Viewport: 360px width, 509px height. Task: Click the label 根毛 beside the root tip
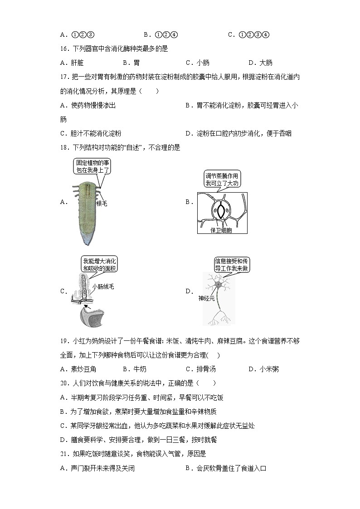tap(102, 204)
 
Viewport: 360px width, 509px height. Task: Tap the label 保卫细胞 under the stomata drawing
tap(221, 230)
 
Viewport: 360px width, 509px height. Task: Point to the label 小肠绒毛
tap(103, 286)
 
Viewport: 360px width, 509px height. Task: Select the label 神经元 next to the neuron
tap(207, 299)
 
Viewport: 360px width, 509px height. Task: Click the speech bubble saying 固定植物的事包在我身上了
tap(92, 166)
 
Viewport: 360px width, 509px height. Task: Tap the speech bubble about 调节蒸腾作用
tap(221, 179)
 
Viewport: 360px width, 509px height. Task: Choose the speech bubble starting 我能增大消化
tap(99, 265)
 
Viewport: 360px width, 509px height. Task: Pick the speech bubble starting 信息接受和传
tap(232, 265)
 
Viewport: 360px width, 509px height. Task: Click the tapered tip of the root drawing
tap(84, 240)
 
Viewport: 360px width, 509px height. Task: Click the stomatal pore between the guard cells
tap(221, 211)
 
